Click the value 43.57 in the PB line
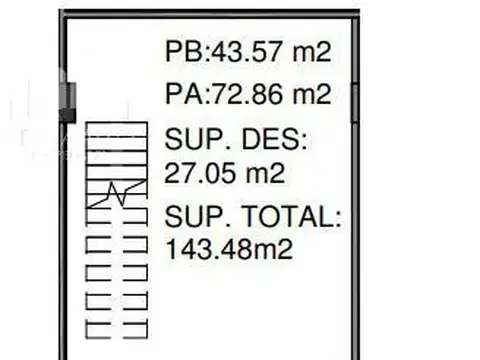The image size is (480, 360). pyautogui.click(x=247, y=51)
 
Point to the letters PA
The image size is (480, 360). pyautogui.click(x=184, y=94)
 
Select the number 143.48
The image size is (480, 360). pyautogui.click(x=209, y=249)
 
